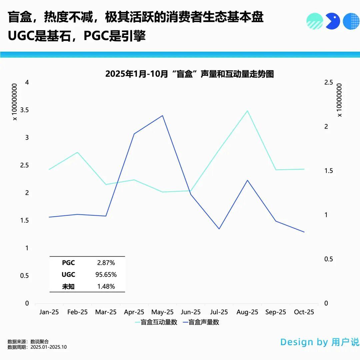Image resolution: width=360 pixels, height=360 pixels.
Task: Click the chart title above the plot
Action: [x=189, y=74]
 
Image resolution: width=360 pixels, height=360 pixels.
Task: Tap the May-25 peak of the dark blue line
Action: [x=162, y=116]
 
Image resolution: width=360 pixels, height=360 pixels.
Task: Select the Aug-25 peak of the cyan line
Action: [x=247, y=111]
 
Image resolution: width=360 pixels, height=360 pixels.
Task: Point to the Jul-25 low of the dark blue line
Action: [x=219, y=229]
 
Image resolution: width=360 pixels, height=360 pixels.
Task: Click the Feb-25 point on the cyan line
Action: [x=77, y=152]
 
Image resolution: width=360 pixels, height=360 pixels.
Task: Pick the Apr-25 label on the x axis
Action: [x=134, y=312]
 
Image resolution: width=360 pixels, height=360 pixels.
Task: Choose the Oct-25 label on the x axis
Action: [x=304, y=312]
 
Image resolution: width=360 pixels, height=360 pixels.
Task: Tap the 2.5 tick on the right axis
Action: [x=329, y=82]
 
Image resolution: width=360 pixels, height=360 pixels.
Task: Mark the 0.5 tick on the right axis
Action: [x=329, y=259]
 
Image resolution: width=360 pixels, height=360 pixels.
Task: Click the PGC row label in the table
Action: [x=68, y=263]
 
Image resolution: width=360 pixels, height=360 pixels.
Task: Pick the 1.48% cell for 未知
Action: [x=106, y=286]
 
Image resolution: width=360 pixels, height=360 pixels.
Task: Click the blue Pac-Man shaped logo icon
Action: [x=332, y=21]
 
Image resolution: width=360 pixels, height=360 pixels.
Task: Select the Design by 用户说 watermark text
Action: [x=320, y=342]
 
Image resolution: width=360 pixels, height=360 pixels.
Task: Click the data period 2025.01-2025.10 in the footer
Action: [x=48, y=347]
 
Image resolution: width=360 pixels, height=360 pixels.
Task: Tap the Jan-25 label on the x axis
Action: [x=49, y=312]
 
